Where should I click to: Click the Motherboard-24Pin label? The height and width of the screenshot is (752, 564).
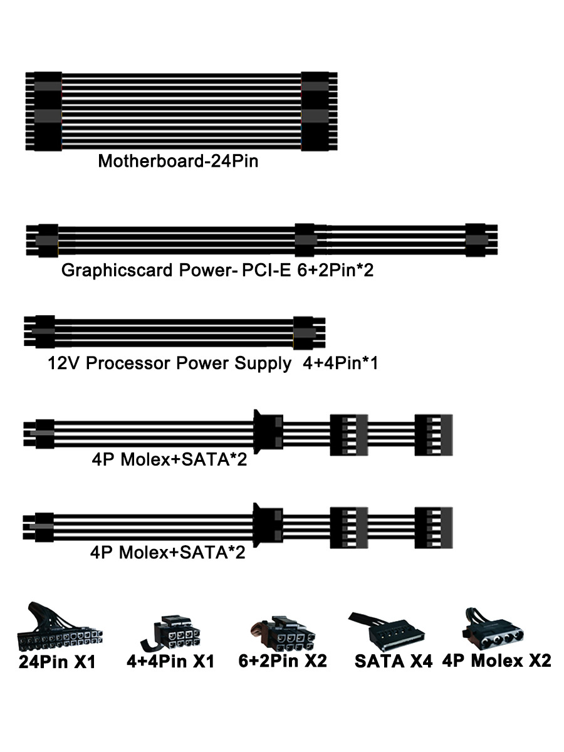tap(178, 161)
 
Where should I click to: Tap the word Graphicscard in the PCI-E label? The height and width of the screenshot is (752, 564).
tap(115, 271)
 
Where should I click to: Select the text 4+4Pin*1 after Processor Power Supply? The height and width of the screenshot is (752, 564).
tap(340, 363)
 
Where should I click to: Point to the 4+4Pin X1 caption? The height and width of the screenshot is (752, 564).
tap(170, 661)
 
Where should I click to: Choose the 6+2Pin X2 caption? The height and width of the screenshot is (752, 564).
tap(283, 661)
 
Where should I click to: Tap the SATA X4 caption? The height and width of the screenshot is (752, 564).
tap(394, 661)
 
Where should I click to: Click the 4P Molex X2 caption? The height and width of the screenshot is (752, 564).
tap(496, 661)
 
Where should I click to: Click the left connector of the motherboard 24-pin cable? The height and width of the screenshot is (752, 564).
tap(44, 111)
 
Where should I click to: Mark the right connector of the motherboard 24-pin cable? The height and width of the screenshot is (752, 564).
tap(319, 111)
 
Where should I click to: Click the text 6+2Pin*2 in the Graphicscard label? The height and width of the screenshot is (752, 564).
tap(337, 271)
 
